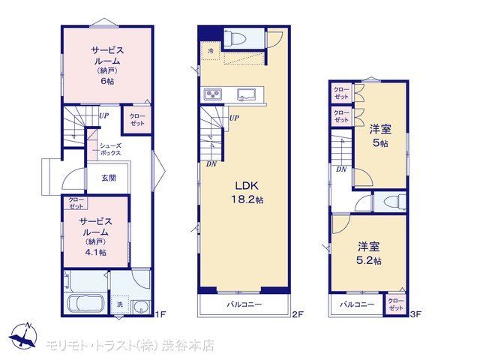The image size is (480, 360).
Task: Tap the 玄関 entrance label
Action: click(109, 178)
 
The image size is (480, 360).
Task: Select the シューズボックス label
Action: click(110, 149)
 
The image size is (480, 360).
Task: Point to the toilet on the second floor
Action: click(237, 38)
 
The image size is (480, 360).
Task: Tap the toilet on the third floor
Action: click(394, 202)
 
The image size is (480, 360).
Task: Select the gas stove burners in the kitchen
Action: click(213, 94)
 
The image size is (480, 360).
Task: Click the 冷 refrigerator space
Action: click(211, 51)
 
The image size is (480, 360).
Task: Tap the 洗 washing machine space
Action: click(120, 304)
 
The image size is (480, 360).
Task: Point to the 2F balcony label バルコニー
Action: click(244, 304)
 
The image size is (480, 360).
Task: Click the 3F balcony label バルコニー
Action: click(357, 304)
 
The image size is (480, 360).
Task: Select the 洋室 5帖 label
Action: click(380, 136)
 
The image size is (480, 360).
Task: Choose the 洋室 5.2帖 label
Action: click(369, 253)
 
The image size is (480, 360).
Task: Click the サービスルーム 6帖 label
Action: click(107, 65)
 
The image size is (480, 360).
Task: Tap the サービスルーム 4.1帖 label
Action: click(96, 236)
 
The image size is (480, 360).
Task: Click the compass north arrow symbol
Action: click(23, 335)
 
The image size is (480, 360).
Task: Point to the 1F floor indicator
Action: click(160, 313)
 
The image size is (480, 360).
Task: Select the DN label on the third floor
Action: click(341, 169)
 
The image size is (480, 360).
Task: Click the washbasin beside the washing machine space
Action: click(141, 307)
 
